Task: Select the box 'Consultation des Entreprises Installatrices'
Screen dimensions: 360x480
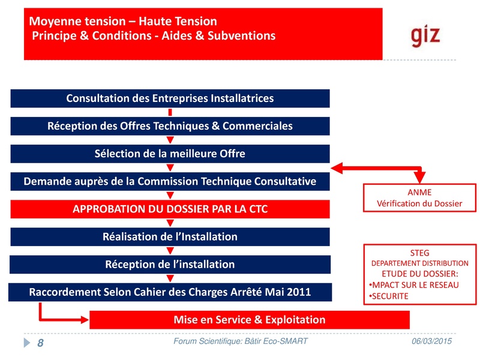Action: pyautogui.click(x=170, y=98)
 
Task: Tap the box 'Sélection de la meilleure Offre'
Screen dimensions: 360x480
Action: pyautogui.click(x=170, y=154)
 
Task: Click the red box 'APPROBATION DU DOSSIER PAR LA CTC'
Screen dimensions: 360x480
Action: pyautogui.click(x=170, y=209)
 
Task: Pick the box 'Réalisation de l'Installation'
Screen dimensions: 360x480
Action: pyautogui.click(x=170, y=236)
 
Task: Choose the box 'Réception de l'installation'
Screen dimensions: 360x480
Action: pyautogui.click(x=170, y=264)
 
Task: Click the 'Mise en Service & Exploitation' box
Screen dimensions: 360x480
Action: pyautogui.click(x=249, y=319)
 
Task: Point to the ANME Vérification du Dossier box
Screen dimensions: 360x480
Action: pyautogui.click(x=419, y=198)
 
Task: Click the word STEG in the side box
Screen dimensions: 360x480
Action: pyautogui.click(x=419, y=253)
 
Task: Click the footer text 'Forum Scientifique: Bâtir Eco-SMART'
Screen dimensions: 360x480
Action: pyautogui.click(x=240, y=341)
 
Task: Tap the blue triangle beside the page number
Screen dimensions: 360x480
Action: pyautogui.click(x=26, y=343)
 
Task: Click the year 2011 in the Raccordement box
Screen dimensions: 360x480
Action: pyautogui.click(x=298, y=292)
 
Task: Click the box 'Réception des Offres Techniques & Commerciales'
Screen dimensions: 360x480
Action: pyautogui.click(x=170, y=126)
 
